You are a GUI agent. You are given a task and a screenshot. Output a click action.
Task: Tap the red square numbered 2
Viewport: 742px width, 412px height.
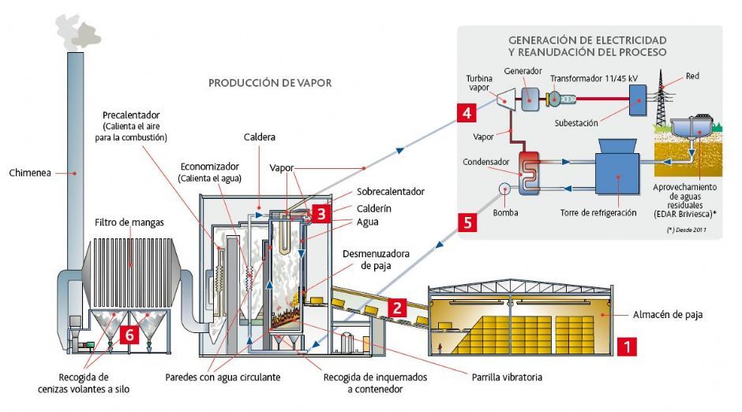pos(399,308)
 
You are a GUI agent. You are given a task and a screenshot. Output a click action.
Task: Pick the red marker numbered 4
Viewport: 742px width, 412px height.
pos(467,114)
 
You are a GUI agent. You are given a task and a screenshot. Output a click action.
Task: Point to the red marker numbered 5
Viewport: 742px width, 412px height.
pos(467,223)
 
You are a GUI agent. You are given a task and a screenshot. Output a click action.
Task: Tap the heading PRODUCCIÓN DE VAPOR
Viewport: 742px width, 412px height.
pos(270,82)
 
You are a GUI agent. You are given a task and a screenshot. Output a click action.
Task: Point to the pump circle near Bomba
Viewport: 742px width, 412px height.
pos(504,189)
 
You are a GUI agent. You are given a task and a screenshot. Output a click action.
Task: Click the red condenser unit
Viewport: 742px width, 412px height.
pos(527,172)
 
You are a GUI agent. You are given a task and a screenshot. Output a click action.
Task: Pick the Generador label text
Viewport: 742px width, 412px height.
pos(523,70)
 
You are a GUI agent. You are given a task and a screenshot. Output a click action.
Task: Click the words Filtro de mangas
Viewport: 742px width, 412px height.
pos(129,223)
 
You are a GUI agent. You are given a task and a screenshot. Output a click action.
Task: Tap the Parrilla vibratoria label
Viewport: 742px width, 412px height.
pos(506,377)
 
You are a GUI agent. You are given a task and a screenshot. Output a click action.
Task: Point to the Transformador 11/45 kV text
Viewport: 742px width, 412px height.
pos(594,78)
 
